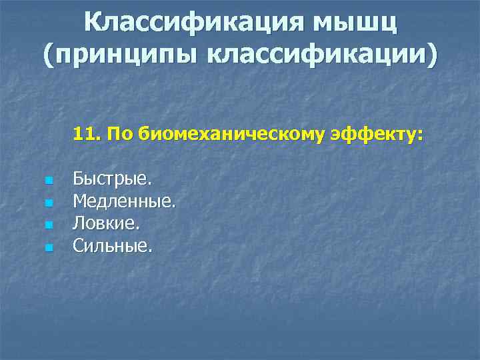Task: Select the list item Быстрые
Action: click(113, 180)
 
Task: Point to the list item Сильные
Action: click(113, 246)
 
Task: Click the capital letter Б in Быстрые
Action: click(78, 179)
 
